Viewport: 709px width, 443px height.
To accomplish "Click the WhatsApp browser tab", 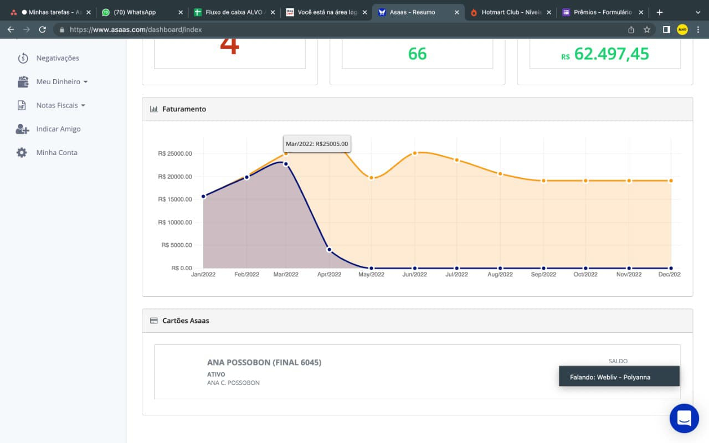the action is (141, 12).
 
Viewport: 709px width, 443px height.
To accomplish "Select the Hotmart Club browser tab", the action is (510, 12).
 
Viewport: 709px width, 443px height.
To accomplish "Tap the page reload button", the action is (42, 30).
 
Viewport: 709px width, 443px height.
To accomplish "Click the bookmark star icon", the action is (646, 30).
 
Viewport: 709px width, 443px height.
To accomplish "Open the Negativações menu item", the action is (57, 58).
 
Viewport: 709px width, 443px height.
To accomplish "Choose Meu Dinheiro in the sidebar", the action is (58, 82).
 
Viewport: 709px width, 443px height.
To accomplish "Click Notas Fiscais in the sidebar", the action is (57, 105).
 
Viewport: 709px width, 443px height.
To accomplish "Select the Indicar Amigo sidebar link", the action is (58, 129).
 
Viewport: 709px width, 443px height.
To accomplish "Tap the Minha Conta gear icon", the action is (22, 152).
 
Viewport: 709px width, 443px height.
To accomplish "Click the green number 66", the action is (417, 54).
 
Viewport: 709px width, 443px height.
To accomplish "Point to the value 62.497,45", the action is (611, 54).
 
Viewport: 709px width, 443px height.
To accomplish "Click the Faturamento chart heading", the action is (184, 109).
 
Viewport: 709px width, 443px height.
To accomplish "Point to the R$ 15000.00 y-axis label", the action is (175, 199).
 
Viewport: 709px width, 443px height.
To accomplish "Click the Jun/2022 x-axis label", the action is (414, 274).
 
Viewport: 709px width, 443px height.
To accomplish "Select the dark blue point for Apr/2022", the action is (329, 250).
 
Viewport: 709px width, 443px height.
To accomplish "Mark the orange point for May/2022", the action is (371, 178).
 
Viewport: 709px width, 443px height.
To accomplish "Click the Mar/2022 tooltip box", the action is (317, 144).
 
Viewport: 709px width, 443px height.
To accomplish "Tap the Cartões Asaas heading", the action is (186, 321).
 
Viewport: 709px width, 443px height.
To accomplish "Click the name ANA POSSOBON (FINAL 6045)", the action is (264, 363).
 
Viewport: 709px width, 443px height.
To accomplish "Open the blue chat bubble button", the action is (684, 418).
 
